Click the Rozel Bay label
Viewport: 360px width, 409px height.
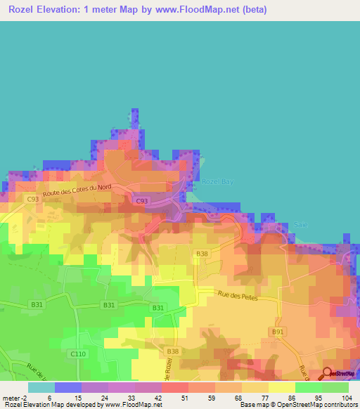(x=217, y=181)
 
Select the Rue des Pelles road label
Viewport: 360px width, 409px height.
(x=238, y=297)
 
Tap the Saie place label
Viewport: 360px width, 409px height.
(x=302, y=225)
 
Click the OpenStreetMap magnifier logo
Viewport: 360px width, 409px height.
(x=328, y=373)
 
